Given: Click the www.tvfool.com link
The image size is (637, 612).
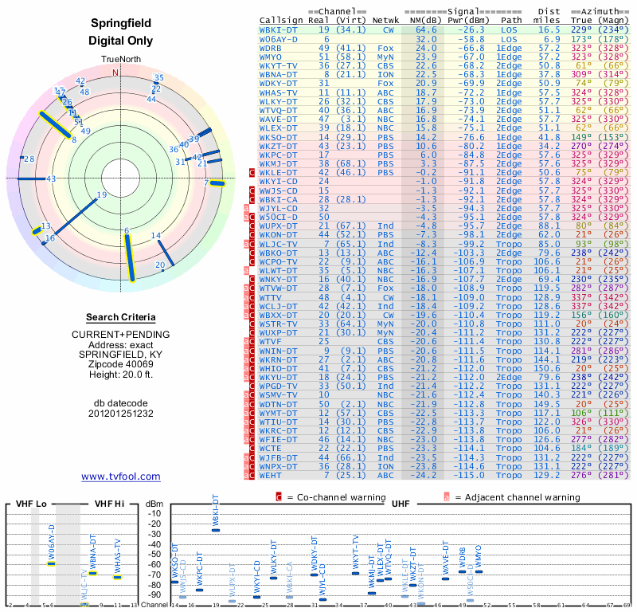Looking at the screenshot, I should pyautogui.click(x=121, y=477).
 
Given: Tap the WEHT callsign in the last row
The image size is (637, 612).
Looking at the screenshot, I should pyautogui.click(x=272, y=475).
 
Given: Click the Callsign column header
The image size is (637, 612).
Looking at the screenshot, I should pyautogui.click(x=281, y=19).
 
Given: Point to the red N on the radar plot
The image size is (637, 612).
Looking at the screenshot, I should pyautogui.click(x=115, y=73).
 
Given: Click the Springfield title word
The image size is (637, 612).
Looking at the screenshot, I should pyautogui.click(x=120, y=24).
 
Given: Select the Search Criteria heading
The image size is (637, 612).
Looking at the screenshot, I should pyautogui.click(x=120, y=317).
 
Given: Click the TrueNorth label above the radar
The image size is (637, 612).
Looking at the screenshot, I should pyautogui.click(x=120, y=61).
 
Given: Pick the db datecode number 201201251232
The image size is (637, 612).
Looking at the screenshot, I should pyautogui.click(x=120, y=414).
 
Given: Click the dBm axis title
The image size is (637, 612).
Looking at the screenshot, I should pyautogui.click(x=154, y=504).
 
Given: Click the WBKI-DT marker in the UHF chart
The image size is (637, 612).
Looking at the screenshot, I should pyautogui.click(x=216, y=530).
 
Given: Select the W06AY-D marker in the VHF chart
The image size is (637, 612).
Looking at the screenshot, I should pyautogui.click(x=51, y=563).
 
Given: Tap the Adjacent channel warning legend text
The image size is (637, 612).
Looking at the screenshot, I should pyautogui.click(x=517, y=497).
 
